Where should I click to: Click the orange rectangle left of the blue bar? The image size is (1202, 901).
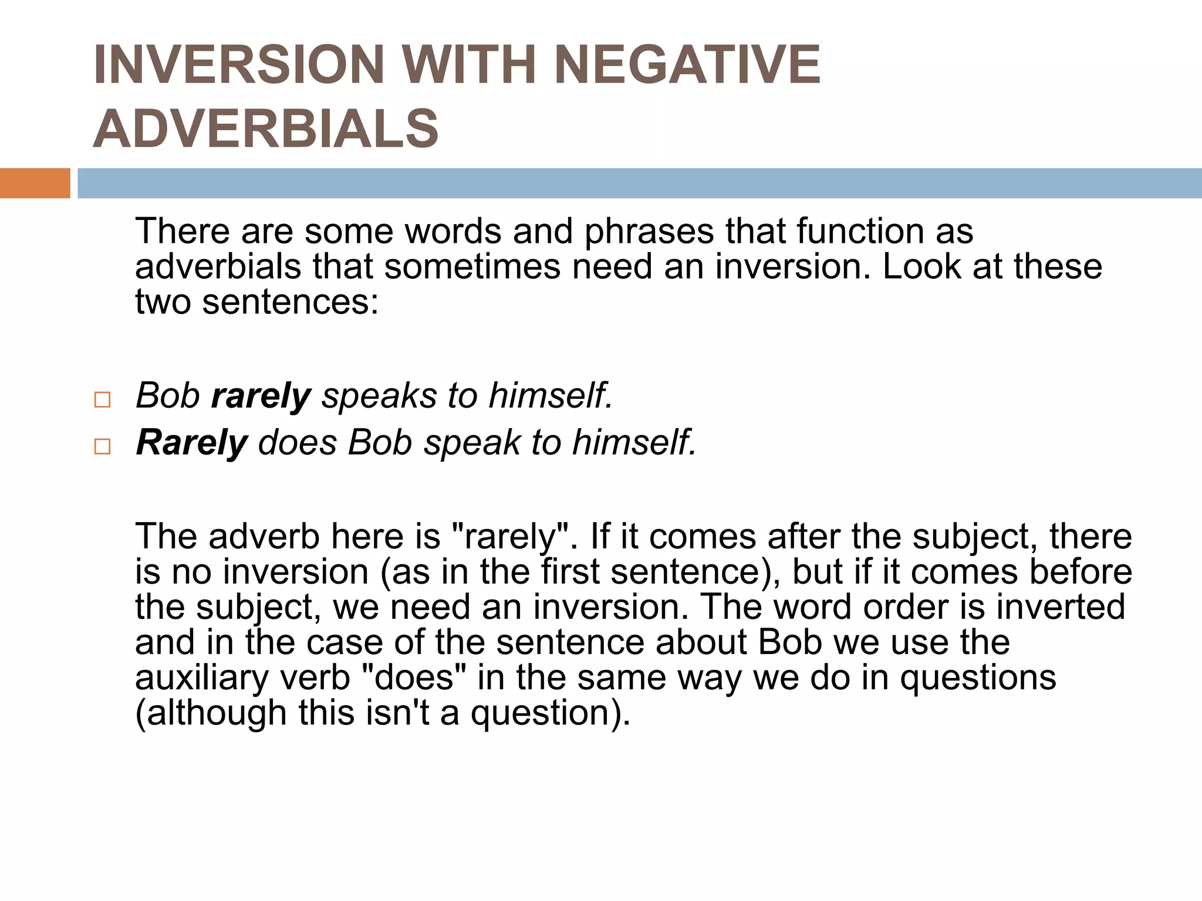35,183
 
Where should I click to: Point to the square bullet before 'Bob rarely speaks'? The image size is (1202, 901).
102,400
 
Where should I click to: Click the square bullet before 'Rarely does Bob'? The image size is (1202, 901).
102,447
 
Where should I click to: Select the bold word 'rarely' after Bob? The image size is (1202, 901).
261,396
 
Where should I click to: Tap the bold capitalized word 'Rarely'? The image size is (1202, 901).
192,442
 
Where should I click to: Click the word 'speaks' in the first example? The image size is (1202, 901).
379,396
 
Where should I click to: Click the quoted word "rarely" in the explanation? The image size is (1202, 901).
509,536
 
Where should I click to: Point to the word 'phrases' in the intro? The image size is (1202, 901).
649,231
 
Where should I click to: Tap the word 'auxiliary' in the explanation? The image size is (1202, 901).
198,678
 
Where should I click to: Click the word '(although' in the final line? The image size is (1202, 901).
211,713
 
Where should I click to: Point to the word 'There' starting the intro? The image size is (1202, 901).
183,231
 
